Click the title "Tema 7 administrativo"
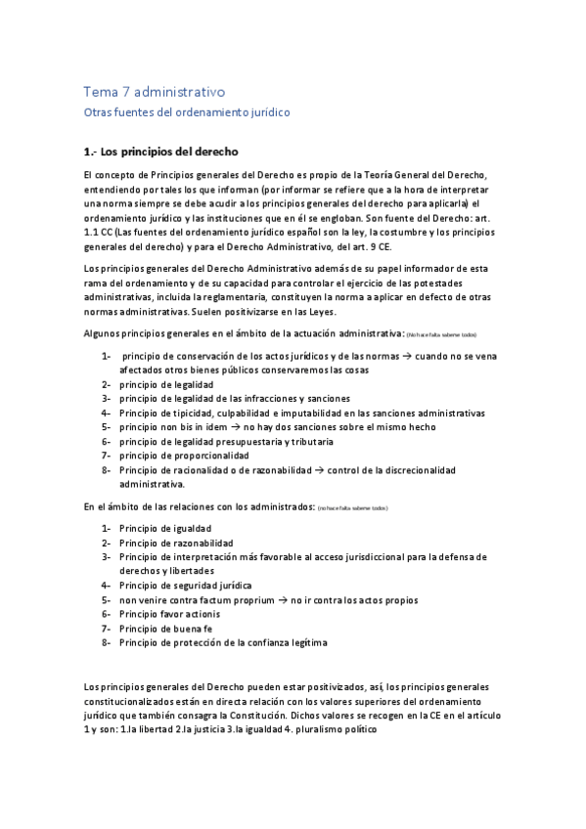click(x=155, y=92)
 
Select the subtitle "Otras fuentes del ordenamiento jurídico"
click(x=186, y=112)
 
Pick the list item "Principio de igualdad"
click(x=165, y=529)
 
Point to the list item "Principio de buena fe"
click(x=166, y=630)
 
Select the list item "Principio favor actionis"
click(x=170, y=614)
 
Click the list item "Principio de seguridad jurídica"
click(x=186, y=585)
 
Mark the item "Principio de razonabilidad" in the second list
click(x=176, y=543)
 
